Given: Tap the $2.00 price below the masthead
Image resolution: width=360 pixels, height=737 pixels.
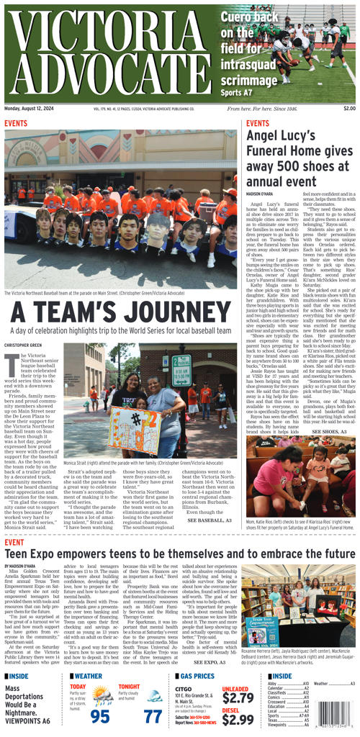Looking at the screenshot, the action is click(x=349, y=109).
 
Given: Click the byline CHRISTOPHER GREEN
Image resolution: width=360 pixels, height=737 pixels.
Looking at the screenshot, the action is click(x=23, y=346).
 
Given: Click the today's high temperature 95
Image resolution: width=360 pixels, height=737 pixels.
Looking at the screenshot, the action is click(x=100, y=716).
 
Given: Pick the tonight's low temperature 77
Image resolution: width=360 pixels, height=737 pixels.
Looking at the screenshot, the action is click(x=153, y=716).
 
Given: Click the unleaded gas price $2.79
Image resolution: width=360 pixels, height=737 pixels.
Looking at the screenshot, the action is click(x=238, y=697).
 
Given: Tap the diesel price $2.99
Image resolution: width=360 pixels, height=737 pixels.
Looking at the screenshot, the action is click(x=238, y=720).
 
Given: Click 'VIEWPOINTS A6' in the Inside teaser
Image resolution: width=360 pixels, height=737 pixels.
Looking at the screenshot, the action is click(x=27, y=720).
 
